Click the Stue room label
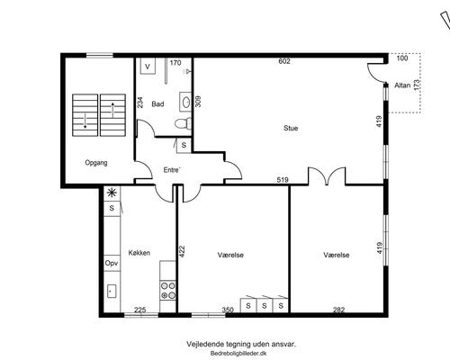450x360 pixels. pyautogui.click(x=291, y=128)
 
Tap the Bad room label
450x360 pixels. pyautogui.click(x=157, y=104)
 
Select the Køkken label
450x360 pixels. pyautogui.click(x=139, y=253)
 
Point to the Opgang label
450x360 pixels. pyautogui.click(x=96, y=163)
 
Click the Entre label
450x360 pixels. pyautogui.click(x=172, y=170)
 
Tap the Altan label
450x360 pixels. pyautogui.click(x=402, y=85)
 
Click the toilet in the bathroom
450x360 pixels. pyautogui.click(x=184, y=123)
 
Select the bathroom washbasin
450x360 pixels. pyautogui.click(x=185, y=102)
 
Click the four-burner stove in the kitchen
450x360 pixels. pyautogui.click(x=168, y=291)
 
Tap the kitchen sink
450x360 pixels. pyautogui.click(x=112, y=291)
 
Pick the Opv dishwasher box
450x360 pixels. pyautogui.click(x=112, y=263)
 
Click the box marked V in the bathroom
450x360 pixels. pyautogui.click(x=148, y=66)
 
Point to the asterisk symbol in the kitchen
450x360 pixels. pyautogui.click(x=112, y=193)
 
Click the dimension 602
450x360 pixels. pyautogui.click(x=284, y=61)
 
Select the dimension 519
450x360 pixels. pyautogui.click(x=283, y=180)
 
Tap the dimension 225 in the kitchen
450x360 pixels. pyautogui.click(x=140, y=310)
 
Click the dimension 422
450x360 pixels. pyautogui.click(x=182, y=251)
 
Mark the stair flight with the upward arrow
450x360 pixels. pyautogui.click(x=112, y=115)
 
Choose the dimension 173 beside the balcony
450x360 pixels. pyautogui.click(x=417, y=85)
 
